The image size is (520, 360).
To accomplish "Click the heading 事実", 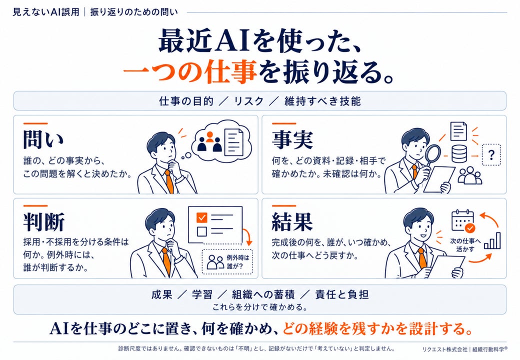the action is click(292, 139).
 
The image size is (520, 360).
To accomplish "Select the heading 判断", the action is click(43, 222).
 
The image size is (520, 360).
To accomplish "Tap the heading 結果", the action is click(292, 221).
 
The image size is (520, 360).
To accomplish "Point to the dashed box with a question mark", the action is click(491, 154).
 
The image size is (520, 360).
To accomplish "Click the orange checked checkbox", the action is click(201, 217).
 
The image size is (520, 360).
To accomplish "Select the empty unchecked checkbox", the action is click(201, 231).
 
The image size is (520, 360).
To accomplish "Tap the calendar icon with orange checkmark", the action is click(463, 221).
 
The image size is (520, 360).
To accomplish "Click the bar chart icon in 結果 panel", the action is click(492, 240).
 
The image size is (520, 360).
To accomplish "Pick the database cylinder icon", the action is click(459, 154).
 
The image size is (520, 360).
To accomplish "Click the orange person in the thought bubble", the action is click(209, 136).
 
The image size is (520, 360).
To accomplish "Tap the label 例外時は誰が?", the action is click(238, 261).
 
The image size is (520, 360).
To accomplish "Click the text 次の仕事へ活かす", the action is click(465, 244).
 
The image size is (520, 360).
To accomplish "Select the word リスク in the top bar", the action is click(248, 101).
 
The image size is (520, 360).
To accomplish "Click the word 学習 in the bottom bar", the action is click(202, 294).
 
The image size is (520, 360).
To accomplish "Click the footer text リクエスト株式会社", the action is click(444, 349).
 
